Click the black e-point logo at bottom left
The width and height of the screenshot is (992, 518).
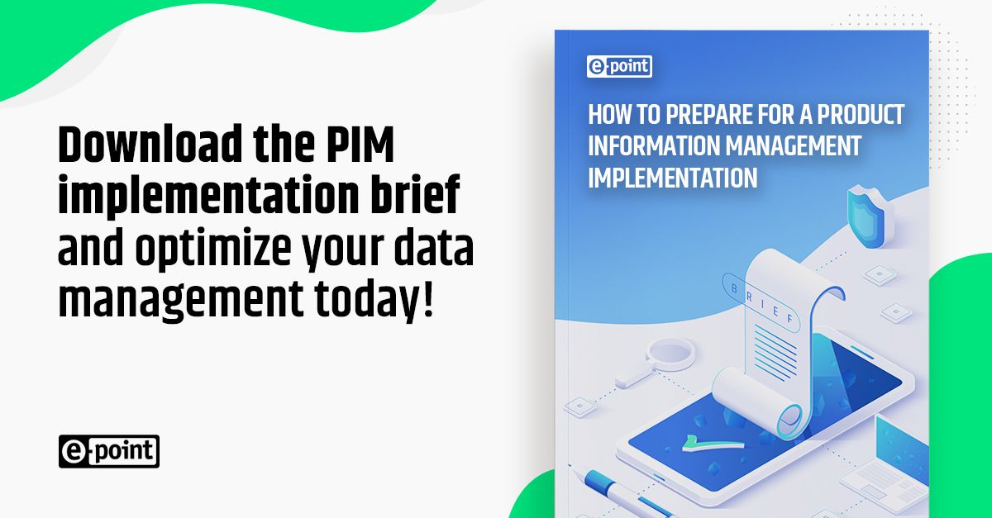pos(108,451)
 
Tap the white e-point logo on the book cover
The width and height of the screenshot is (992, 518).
pos(619,66)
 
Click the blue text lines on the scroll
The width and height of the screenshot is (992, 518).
pos(785,347)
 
